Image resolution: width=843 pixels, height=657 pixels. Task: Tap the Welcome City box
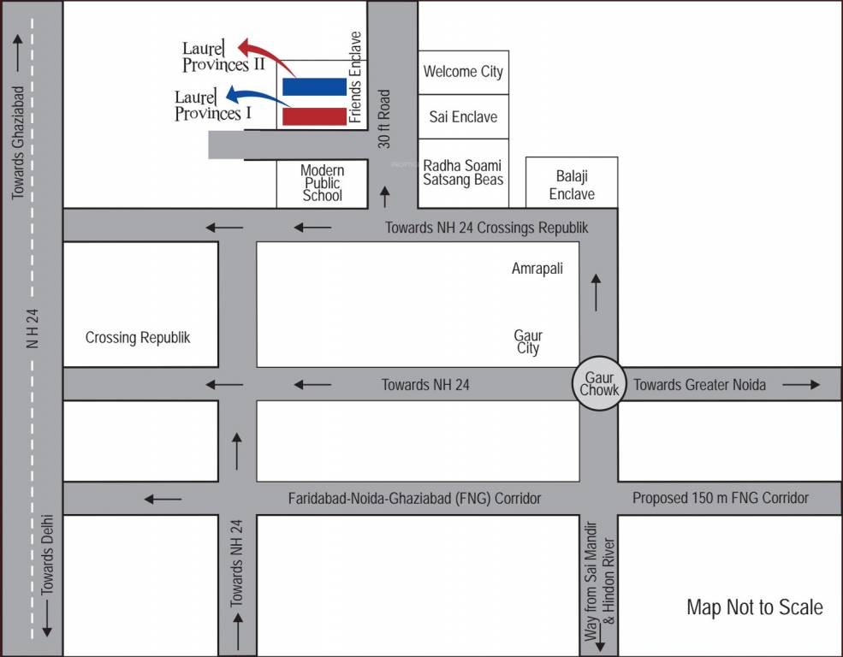tap(463, 72)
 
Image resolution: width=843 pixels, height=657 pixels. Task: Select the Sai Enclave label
tap(463, 117)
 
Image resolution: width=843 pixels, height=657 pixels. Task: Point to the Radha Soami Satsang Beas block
tap(463, 172)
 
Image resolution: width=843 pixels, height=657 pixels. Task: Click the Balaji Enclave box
tap(572, 185)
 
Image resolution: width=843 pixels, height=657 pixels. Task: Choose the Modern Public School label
tap(322, 183)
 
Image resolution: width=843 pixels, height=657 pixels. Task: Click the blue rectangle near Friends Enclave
tap(314, 86)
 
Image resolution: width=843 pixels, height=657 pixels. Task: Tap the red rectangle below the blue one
tap(314, 116)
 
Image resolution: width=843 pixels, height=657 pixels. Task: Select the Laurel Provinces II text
tap(223, 56)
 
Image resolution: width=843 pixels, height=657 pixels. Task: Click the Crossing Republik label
tap(138, 337)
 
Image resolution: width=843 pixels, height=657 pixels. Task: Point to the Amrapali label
tap(537, 269)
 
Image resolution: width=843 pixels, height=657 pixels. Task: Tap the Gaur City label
tap(528, 342)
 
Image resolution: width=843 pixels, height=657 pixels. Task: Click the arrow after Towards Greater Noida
tap(801, 385)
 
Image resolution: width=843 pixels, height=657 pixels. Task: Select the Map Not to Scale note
tap(755, 607)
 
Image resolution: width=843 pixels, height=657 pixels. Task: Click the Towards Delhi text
tap(47, 554)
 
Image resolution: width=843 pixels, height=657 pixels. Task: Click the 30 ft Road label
tap(384, 119)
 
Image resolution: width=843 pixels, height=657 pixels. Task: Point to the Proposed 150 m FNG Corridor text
tap(721, 498)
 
